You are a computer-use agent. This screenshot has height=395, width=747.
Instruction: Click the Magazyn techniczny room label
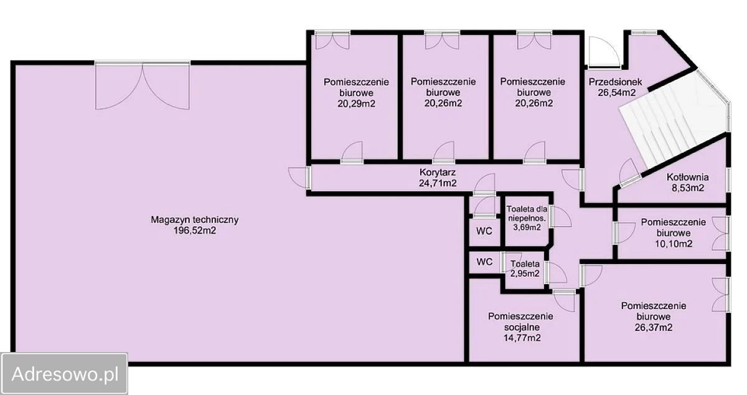click(x=195, y=220)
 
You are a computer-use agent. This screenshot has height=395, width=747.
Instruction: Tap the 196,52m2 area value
click(x=195, y=231)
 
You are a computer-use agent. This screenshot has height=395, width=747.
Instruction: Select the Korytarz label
click(x=438, y=173)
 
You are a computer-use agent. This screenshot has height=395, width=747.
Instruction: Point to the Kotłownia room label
click(x=688, y=177)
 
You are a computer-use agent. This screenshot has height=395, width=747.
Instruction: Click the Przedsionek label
click(x=615, y=82)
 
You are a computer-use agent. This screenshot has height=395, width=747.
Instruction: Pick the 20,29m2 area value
click(x=356, y=103)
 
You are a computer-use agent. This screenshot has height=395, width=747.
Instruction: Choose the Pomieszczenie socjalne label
click(x=520, y=321)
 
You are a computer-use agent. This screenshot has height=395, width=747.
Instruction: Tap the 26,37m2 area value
click(x=654, y=327)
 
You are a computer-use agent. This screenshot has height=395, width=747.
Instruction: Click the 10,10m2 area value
click(x=674, y=244)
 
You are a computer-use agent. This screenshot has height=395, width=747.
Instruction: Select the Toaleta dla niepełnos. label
click(x=527, y=214)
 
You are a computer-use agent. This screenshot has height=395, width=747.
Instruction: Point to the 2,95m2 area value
click(x=525, y=274)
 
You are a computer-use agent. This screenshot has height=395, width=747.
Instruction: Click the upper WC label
click(x=484, y=231)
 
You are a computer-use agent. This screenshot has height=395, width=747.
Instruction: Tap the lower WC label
click(x=484, y=262)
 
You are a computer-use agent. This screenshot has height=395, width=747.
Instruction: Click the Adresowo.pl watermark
click(x=65, y=374)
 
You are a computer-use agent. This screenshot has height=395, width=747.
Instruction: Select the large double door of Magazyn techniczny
click(x=143, y=85)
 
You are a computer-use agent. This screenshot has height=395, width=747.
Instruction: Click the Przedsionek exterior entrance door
click(x=604, y=52)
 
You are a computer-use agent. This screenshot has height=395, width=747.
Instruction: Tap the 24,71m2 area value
click(x=438, y=183)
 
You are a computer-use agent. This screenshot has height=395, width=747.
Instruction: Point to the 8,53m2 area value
click(x=688, y=188)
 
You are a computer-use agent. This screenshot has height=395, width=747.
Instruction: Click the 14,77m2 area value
click(x=522, y=338)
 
